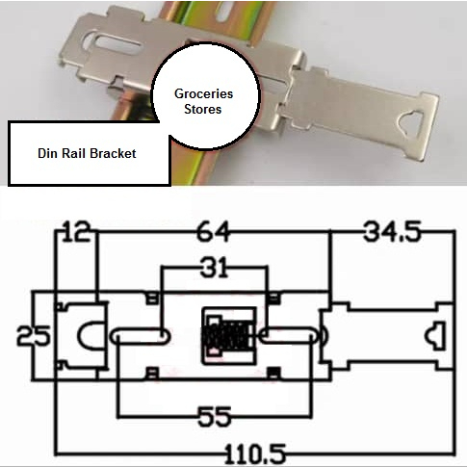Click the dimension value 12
click(x=77, y=231)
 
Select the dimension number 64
click(x=214, y=231)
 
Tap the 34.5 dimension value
click(x=392, y=231)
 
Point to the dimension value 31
click(x=214, y=267)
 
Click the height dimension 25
click(x=34, y=336)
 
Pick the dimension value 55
click(x=215, y=417)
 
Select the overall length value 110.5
click(x=255, y=454)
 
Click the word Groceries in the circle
click(x=203, y=94)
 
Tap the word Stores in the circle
click(x=203, y=109)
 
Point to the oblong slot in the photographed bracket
click(x=113, y=44)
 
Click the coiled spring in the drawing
click(x=226, y=336)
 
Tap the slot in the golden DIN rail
click(x=226, y=13)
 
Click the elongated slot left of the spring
click(x=140, y=336)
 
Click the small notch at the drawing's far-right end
click(x=435, y=336)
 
